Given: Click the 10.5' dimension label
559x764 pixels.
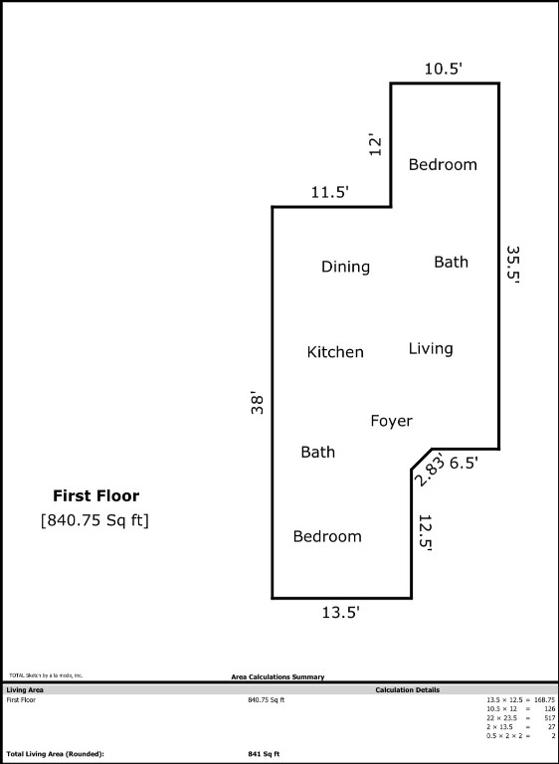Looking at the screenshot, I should [443, 68].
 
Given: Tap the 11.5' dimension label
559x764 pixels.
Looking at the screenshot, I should [329, 192].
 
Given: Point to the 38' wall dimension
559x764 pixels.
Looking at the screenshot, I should [258, 402].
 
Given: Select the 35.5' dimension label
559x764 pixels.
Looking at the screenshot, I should [513, 265].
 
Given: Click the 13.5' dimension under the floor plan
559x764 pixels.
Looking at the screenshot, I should [340, 613].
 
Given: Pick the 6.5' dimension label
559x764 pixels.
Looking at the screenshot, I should [465, 463].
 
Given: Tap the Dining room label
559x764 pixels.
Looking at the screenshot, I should [345, 267].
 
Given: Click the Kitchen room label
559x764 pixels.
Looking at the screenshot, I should [335, 352].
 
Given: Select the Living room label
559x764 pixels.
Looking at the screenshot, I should [431, 348].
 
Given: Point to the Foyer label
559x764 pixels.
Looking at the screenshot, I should [391, 421].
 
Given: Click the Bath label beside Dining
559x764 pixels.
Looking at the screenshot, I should [451, 262].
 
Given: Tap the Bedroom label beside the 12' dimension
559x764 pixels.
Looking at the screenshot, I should [443, 164].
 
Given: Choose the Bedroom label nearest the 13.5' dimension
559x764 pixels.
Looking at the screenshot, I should [327, 536].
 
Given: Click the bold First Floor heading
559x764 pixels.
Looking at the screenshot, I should [95, 495].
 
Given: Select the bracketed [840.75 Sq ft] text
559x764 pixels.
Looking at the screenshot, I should [94, 519].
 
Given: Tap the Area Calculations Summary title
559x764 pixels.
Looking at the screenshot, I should [278, 676].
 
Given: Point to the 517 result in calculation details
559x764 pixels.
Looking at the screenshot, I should [548, 717].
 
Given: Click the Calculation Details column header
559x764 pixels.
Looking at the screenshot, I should [407, 689].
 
